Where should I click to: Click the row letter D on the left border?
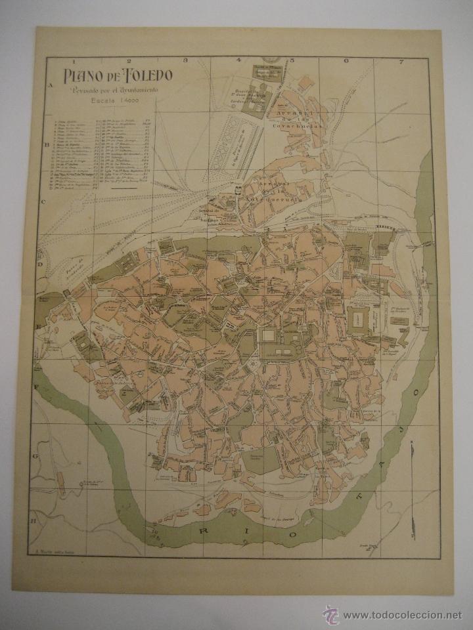[40, 265]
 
